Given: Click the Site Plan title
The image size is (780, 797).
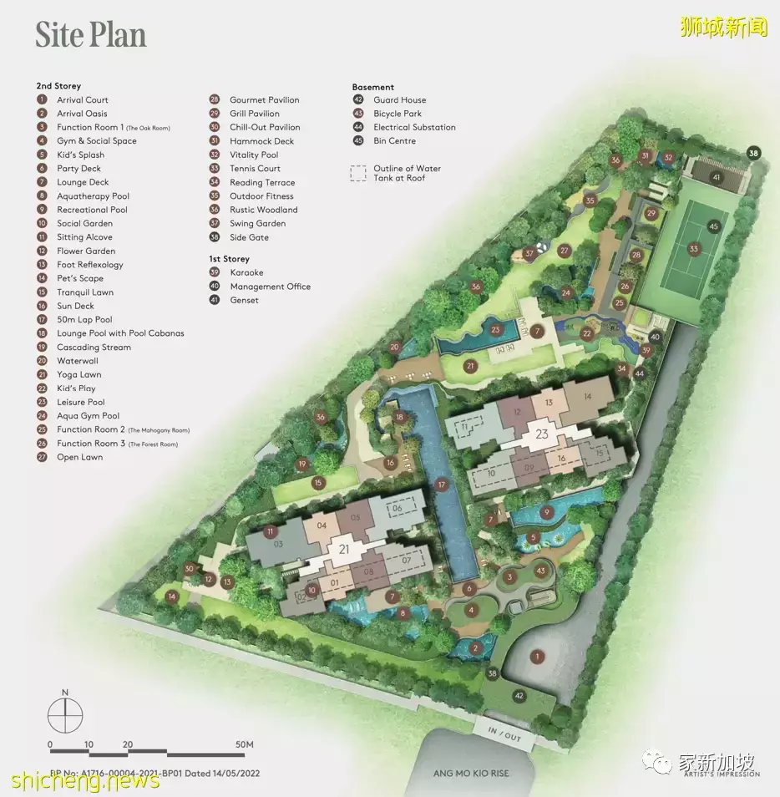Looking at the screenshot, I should [x=90, y=34].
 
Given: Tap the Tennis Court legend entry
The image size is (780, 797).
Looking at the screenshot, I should [x=255, y=169].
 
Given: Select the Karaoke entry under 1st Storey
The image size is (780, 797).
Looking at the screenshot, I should [x=246, y=272].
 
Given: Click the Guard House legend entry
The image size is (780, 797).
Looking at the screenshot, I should [x=399, y=100].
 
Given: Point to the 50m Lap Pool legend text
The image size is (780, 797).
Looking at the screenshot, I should [x=84, y=319].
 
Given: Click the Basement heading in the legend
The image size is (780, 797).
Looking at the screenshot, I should [x=372, y=87].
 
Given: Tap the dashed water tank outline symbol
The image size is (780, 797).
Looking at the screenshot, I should [x=357, y=173].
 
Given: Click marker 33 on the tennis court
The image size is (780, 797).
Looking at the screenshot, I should [x=694, y=249].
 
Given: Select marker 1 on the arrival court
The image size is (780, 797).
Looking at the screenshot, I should [x=538, y=657].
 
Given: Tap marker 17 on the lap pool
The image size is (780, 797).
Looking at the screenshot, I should [x=442, y=485].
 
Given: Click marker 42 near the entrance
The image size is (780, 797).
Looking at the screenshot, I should [x=519, y=695].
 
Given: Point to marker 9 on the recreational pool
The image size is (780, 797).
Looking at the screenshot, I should [x=547, y=512].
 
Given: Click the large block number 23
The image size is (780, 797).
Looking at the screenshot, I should [x=543, y=434].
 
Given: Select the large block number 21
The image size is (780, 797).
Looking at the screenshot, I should [x=345, y=549].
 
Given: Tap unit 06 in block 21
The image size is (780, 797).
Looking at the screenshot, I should [x=398, y=508].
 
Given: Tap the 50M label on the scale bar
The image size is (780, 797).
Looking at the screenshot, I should [x=244, y=744].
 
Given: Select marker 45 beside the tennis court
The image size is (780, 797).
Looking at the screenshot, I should [x=713, y=226].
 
